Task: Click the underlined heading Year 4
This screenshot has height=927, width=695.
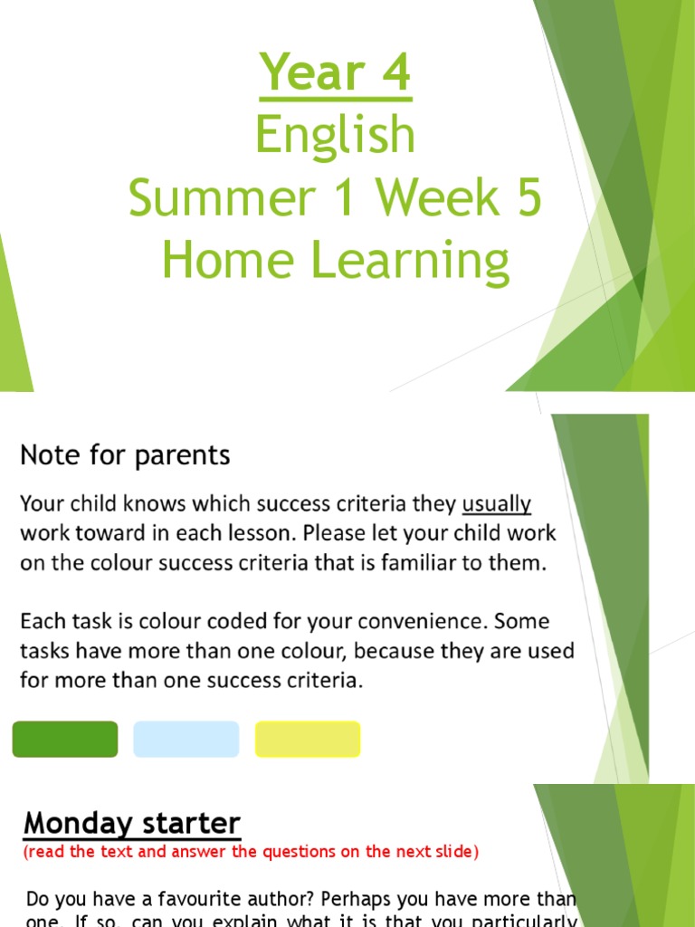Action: pyautogui.click(x=335, y=74)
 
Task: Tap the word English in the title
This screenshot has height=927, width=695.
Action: pyautogui.click(x=335, y=136)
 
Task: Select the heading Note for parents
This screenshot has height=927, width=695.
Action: pyautogui.click(x=125, y=454)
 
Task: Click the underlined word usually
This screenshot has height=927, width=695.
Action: pyautogui.click(x=496, y=503)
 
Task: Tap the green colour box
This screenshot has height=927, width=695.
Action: pyautogui.click(x=65, y=739)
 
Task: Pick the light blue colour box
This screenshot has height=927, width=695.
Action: pyautogui.click(x=186, y=739)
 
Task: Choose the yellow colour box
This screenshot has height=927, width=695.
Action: pyautogui.click(x=308, y=739)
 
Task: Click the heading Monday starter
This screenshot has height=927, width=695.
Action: pyautogui.click(x=132, y=824)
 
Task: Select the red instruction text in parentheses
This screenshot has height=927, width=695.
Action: pyautogui.click(x=251, y=852)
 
